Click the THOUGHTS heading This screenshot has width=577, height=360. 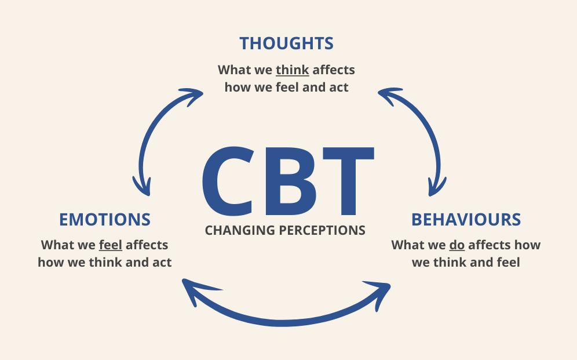[x=286, y=43]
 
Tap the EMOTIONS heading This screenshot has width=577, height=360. [x=105, y=219]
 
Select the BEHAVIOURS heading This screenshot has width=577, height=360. [x=466, y=219]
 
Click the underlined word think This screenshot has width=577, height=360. [x=292, y=70]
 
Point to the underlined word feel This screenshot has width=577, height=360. [x=111, y=245]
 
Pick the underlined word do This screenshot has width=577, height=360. [x=457, y=245]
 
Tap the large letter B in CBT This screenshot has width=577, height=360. [x=291, y=181]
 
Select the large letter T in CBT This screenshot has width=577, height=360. [x=348, y=181]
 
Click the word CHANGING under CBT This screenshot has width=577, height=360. [x=240, y=230]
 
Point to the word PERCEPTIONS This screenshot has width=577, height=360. [x=322, y=230]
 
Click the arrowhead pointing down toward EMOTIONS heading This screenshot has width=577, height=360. [x=142, y=186]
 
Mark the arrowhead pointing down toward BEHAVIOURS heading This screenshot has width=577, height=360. [x=437, y=186]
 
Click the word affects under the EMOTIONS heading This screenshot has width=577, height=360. [x=147, y=245]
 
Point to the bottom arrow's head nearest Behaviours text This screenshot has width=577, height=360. [x=380, y=293]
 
